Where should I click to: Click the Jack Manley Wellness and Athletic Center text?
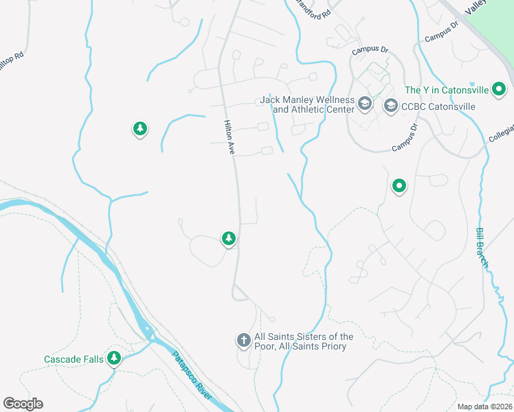point(306,105)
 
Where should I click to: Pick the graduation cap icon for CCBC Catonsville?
point(391,106)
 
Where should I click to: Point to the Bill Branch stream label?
point(482,247)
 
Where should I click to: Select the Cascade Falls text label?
point(74,359)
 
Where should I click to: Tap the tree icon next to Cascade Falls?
point(114,358)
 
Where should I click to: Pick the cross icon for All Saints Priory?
point(243,340)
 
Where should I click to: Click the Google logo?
point(23,404)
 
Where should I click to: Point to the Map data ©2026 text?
point(484,407)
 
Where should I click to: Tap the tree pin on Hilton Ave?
point(228,238)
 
